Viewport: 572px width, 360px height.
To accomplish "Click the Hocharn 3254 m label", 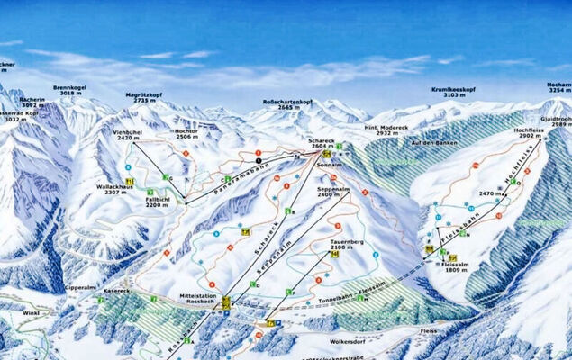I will (x=559, y=88).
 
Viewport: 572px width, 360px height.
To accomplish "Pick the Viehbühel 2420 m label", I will (x=127, y=136).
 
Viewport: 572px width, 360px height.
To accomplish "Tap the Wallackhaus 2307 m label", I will (x=123, y=189).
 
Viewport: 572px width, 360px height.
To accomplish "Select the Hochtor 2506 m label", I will (x=186, y=134).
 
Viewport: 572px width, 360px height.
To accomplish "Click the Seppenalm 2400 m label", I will (x=333, y=192).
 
